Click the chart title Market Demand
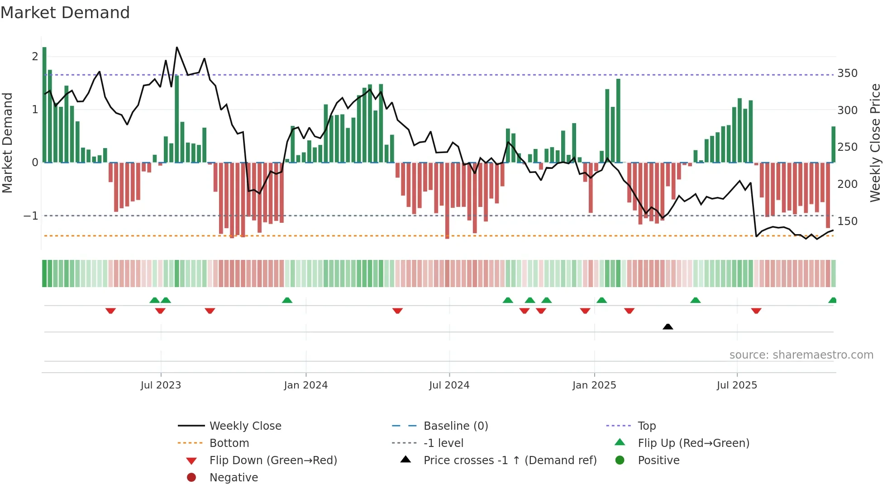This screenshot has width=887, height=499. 65,12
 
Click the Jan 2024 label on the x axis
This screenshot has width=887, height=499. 305,385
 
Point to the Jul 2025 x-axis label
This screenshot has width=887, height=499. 737,385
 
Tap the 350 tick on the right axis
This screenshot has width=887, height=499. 847,73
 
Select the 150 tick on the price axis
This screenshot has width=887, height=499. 847,221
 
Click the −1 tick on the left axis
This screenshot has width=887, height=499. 31,216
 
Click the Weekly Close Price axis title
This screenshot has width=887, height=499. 875,143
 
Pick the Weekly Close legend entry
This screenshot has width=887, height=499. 245,426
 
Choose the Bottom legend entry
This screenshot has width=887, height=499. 229,443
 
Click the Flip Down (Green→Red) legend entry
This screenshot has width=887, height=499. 273,461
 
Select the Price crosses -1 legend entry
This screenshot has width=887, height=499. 510,461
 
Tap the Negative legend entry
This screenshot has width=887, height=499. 234,478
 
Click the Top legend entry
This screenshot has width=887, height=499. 646,426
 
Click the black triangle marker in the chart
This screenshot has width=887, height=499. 668,326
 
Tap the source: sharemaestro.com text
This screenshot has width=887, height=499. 801,355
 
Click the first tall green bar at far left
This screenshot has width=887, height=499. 44,104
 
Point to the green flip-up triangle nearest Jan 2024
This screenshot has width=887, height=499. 287,300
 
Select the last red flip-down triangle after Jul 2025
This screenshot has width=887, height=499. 756,311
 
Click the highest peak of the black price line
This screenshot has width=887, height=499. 176,48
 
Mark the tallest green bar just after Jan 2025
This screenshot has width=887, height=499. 618,120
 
